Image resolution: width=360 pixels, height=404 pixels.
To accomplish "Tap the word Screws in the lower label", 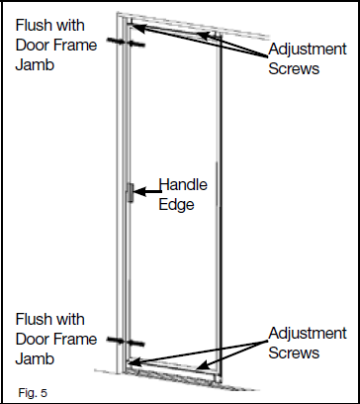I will (x=296, y=353).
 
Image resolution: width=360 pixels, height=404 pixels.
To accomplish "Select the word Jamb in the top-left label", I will (x=33, y=66).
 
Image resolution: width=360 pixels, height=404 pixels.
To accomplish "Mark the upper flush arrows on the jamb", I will (x=129, y=44).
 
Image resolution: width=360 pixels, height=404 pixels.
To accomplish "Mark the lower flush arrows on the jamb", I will (x=130, y=340).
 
